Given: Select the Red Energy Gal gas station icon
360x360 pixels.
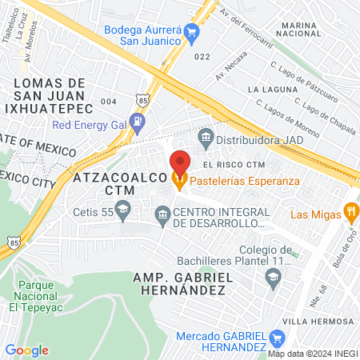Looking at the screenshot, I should pos(139,124).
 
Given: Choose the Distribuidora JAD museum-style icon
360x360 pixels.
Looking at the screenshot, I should pos(205,137).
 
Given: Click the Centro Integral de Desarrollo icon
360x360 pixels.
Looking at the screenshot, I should pos(163,213).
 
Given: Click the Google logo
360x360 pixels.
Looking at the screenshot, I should pos(26,350).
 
